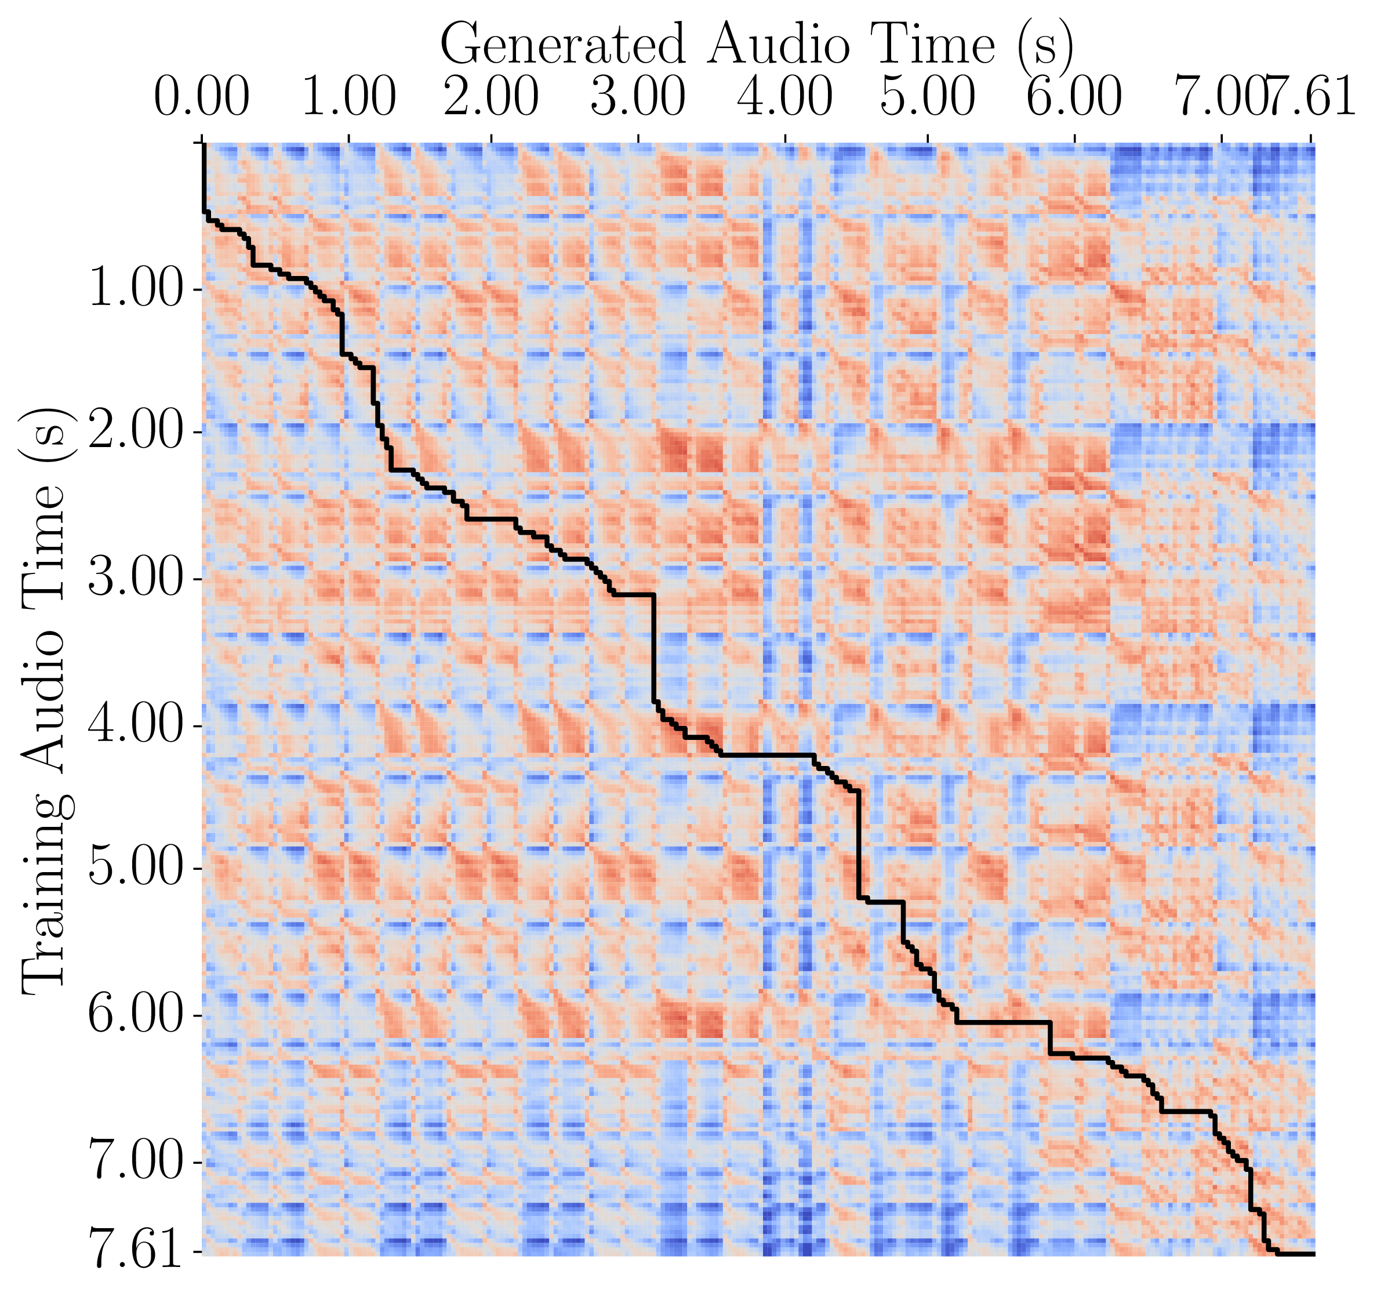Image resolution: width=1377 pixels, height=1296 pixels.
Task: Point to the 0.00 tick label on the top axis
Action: pyautogui.click(x=202, y=97)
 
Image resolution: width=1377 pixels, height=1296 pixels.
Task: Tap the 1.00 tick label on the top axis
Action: pyautogui.click(x=349, y=97)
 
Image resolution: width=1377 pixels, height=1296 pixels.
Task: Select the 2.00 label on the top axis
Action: pyautogui.click(x=492, y=97)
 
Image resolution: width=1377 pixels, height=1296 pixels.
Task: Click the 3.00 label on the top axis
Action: pyautogui.click(x=638, y=97)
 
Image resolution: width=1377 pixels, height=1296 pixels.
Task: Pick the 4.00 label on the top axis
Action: pyautogui.click(x=785, y=97)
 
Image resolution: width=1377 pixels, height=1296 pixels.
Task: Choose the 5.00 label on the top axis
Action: pyautogui.click(x=928, y=97)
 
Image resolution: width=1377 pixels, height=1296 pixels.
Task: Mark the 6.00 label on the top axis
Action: pyautogui.click(x=1074, y=97)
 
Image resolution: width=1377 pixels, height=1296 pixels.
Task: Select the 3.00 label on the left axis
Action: pyautogui.click(x=135, y=579)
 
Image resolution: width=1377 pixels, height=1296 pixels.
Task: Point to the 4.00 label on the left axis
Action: pyautogui.click(x=135, y=726)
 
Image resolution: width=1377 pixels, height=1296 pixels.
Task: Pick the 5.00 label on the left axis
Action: pyautogui.click(x=135, y=869)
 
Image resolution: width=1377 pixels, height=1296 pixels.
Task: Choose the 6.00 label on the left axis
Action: pyautogui.click(x=135, y=1016)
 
